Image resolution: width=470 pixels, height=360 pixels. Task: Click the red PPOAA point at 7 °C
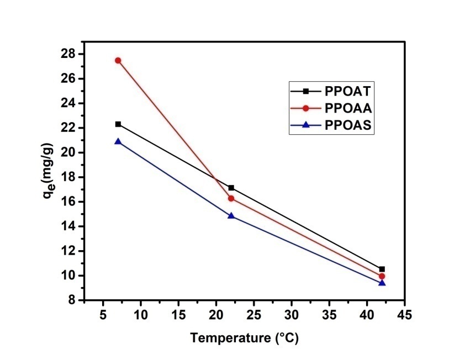[x=118, y=60]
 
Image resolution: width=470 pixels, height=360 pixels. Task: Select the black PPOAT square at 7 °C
[x=118, y=124]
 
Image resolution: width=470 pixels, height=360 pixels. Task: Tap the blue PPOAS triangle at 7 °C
[x=118, y=141]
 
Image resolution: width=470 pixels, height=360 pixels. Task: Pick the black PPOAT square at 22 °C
[x=231, y=188]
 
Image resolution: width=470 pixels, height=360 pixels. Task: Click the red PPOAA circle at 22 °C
[x=231, y=198]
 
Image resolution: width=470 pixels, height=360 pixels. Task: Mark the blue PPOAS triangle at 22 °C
[x=231, y=215]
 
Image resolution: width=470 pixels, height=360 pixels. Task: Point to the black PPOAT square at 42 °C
[x=382, y=269]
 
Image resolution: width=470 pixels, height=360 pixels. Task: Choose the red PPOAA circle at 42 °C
[x=382, y=276]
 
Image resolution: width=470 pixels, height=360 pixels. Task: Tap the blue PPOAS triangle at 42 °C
[x=382, y=282]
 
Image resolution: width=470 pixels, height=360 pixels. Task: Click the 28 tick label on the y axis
[x=68, y=54]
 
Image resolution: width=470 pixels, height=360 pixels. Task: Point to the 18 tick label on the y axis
[x=68, y=177]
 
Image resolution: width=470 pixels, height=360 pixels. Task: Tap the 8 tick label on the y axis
[x=72, y=300]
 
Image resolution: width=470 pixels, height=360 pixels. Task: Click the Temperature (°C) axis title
[x=244, y=337]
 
